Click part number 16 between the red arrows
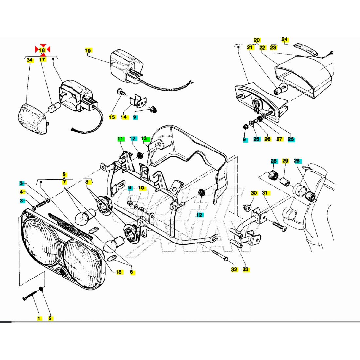(x=42, y=50)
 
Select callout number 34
(x=30, y=60)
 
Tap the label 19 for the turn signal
(x=88, y=50)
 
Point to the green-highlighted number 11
(x=120, y=139)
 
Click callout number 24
(x=285, y=40)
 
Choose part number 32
(x=234, y=269)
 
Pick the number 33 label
(x=245, y=269)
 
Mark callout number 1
(x=39, y=318)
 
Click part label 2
(x=50, y=318)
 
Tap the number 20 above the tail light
(x=257, y=40)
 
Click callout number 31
(x=265, y=193)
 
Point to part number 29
(x=285, y=161)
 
